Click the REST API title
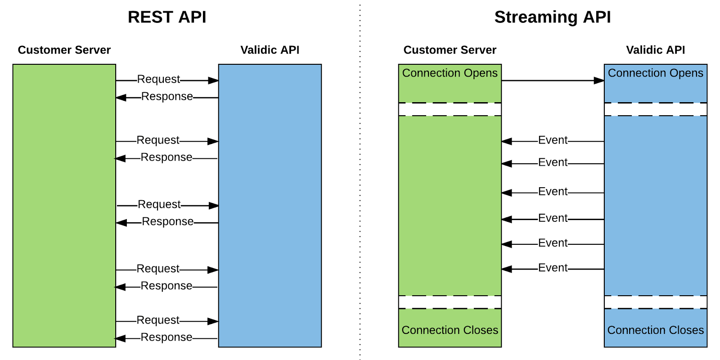coord(167,17)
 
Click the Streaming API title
coord(552,17)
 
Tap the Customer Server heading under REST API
coord(64,50)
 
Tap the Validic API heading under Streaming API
coord(655,50)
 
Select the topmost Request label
coord(158,79)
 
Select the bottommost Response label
coord(166,337)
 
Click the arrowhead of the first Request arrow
coord(213,81)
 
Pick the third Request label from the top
coord(159,204)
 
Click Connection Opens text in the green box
coord(450,73)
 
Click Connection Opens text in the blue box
coord(655,73)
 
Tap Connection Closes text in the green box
coord(450,330)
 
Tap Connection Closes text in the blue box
coord(655,330)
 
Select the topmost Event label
coord(553,140)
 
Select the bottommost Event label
coord(553,268)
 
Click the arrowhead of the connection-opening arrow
coord(599,81)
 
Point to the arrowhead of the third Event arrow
coord(507,193)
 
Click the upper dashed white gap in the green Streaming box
coord(450,109)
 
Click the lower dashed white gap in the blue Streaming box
coord(655,302)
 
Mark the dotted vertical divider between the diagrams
coord(360,180)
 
